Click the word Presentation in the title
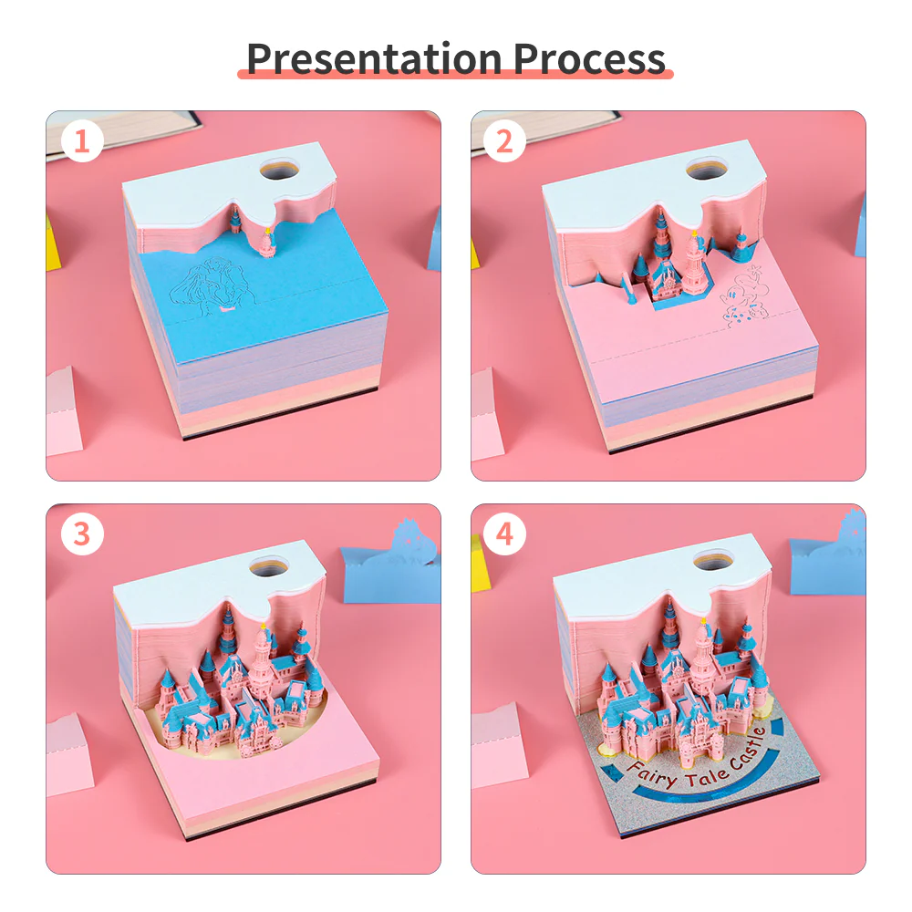pyautogui.click(x=375, y=57)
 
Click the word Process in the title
pyautogui.click(x=589, y=57)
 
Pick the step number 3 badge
pyautogui.click(x=83, y=534)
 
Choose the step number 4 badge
pyautogui.click(x=505, y=534)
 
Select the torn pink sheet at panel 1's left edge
pyautogui.click(x=64, y=410)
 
